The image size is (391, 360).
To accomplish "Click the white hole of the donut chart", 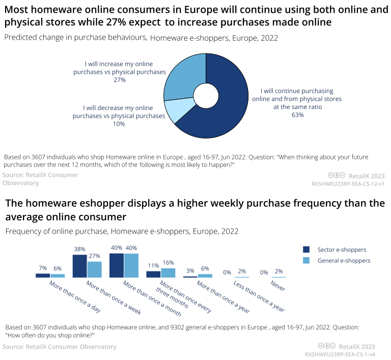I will (x=206, y=96).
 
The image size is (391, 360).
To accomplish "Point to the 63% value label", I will (x=297, y=115).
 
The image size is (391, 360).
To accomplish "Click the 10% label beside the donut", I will (x=119, y=124).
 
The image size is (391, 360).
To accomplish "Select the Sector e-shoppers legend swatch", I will (x=306, y=250).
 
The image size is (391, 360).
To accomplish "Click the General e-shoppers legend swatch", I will (x=306, y=261).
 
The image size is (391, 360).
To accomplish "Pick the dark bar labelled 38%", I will (x=80, y=266).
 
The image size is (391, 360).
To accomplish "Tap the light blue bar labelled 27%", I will (x=94, y=269).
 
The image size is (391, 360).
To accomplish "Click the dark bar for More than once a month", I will (x=117, y=265).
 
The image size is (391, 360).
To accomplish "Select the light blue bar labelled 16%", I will (x=168, y=273).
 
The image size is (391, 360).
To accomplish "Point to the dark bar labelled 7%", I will (x=43, y=275).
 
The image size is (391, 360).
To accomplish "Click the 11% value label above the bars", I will (x=153, y=266).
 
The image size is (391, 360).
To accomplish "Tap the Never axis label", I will (x=277, y=286).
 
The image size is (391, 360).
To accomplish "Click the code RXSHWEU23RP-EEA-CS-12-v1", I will (x=348, y=183).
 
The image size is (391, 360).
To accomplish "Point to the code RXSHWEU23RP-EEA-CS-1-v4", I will (x=340, y=354).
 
